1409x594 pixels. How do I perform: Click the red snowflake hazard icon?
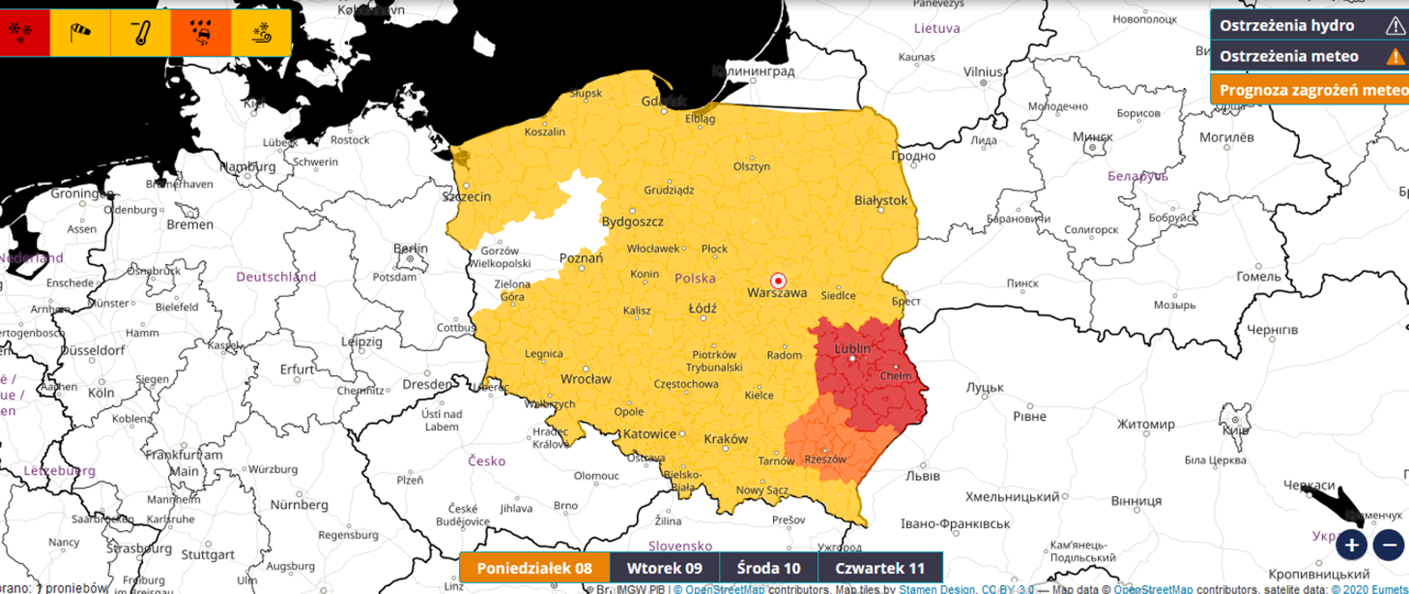pyautogui.click(x=22, y=33)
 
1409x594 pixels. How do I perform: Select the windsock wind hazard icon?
pyautogui.click(x=80, y=33)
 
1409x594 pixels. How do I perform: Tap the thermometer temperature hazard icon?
pyautogui.click(x=141, y=33)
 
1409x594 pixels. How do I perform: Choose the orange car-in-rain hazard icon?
pyautogui.click(x=201, y=33)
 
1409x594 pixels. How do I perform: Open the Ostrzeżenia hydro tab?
pyautogui.click(x=1308, y=26)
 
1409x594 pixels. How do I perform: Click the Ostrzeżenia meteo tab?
pyautogui.click(x=1308, y=56)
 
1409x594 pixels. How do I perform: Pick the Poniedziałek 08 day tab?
pyautogui.click(x=535, y=568)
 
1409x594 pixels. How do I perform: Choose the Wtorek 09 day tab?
pyautogui.click(x=664, y=568)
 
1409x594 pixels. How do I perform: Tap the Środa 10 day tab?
pyautogui.click(x=768, y=568)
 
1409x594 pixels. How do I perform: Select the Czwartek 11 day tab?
pyautogui.click(x=879, y=568)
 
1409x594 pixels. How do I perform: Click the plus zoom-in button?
pyautogui.click(x=1351, y=545)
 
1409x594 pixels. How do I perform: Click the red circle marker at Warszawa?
pyautogui.click(x=778, y=281)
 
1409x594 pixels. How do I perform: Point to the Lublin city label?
pyautogui.click(x=853, y=348)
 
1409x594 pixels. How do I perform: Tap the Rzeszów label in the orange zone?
pyautogui.click(x=825, y=460)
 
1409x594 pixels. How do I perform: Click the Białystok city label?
pyautogui.click(x=881, y=200)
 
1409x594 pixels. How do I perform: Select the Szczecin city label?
pyautogui.click(x=467, y=197)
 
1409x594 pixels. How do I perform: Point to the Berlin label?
pyautogui.click(x=410, y=249)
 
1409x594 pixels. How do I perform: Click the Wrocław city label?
pyautogui.click(x=586, y=379)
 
